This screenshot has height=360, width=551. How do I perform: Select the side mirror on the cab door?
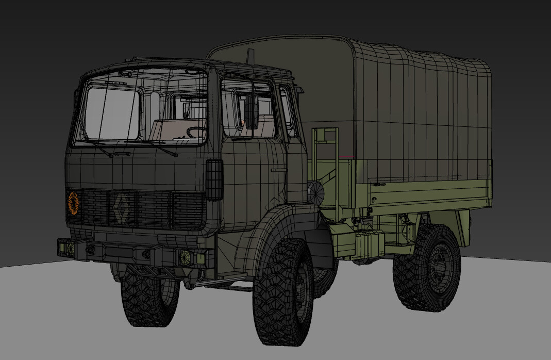tap(252, 111)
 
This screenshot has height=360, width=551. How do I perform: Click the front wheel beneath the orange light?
tap(149, 299)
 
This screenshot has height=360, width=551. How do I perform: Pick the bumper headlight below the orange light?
tap(68, 247)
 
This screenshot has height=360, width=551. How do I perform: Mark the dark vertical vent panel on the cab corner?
tap(214, 179)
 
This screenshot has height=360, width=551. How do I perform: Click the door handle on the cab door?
tap(278, 169)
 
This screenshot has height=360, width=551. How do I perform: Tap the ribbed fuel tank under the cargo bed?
tap(369, 243)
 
